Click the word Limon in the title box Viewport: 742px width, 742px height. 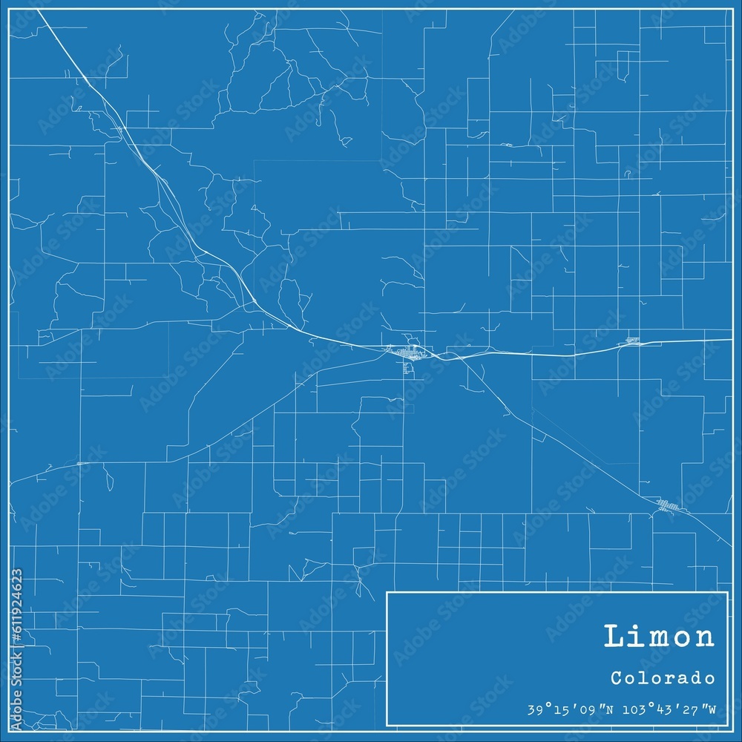point(660,637)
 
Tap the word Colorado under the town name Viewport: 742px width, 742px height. point(664,678)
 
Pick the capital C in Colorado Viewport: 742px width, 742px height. point(617,678)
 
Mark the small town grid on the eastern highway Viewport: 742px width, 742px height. point(633,341)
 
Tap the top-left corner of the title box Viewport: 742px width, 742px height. point(387,592)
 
